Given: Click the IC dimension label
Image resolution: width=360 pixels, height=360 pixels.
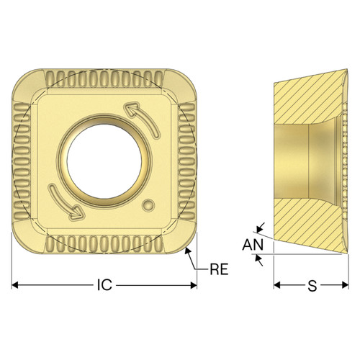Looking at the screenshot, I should click(104, 286).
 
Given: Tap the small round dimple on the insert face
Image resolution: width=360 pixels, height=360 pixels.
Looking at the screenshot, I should click(149, 205).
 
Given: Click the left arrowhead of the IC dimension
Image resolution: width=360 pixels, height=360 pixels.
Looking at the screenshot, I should click(17, 286).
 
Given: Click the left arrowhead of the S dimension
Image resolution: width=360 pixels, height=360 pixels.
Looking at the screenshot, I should click(277, 286).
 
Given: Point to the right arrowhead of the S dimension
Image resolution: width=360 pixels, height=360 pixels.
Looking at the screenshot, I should click(345, 286).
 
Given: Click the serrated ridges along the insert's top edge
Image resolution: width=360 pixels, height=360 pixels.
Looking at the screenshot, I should click(104, 76).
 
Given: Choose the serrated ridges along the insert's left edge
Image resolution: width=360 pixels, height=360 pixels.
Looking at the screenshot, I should click(22, 158).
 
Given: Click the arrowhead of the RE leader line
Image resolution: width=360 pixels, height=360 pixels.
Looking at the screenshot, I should click(188, 249).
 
